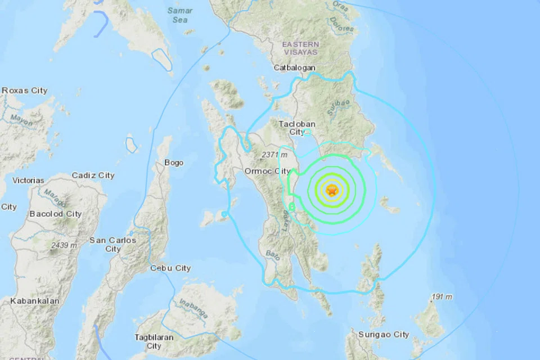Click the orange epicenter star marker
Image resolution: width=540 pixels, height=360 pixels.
tap(332, 191)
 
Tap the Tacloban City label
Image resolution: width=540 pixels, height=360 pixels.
tap(296, 128)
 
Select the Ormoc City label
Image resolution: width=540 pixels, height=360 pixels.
tap(267, 171)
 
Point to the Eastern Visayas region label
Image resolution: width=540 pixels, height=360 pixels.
tap(300, 48)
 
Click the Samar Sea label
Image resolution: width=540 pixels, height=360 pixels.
tap(180, 15)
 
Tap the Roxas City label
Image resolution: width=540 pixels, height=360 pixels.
tap(25, 91)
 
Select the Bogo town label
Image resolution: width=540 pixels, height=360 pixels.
tap(174, 163)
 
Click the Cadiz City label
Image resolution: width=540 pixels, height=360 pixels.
tap(93, 175)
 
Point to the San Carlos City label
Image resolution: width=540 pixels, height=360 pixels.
tap(112, 244)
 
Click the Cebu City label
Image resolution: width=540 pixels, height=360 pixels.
tap(170, 268)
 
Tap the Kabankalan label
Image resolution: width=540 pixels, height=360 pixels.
tap(34, 301)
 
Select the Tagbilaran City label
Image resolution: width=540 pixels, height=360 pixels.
tap(153, 341)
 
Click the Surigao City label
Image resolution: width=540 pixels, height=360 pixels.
tap(385, 334)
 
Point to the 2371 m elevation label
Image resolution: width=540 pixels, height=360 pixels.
tap(274, 155)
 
